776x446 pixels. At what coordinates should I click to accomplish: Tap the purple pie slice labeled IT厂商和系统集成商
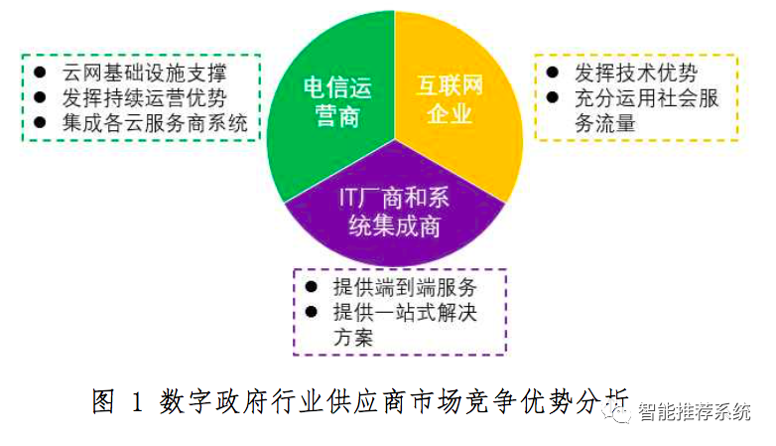point(394,214)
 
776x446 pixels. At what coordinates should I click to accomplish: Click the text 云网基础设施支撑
point(144,73)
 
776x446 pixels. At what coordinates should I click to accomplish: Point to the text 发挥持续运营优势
point(144,97)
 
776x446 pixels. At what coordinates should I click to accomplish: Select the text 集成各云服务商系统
point(155,123)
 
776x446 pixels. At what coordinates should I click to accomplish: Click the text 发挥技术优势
point(636,73)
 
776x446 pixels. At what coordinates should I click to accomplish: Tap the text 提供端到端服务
point(405,287)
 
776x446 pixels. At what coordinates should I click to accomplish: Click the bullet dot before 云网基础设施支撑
point(40,73)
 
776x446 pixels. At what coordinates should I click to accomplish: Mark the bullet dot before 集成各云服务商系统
point(40,122)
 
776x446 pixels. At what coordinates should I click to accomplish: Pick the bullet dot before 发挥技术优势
point(553,73)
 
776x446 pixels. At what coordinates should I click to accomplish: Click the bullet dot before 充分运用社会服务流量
point(553,97)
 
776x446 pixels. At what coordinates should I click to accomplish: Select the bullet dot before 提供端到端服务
point(312,286)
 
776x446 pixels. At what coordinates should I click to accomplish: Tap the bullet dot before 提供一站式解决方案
point(312,311)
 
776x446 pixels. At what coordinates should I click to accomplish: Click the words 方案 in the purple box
point(353,338)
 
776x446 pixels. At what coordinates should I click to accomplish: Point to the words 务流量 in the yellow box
point(605,123)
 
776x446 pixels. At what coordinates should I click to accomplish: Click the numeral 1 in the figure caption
point(137,401)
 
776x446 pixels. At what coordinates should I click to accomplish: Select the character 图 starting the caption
point(103,401)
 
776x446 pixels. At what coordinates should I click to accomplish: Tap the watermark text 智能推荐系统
point(694,412)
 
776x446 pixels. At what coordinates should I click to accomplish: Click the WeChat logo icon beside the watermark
point(616,411)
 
